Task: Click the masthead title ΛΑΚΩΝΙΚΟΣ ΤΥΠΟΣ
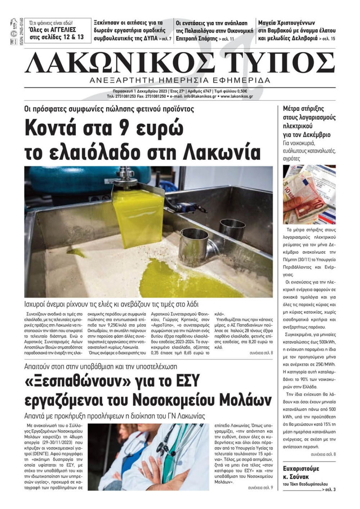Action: (x=180, y=63)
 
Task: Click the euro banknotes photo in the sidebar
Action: (x=309, y=194)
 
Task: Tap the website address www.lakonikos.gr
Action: (x=237, y=96)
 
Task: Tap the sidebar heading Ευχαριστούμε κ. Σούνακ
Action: (x=301, y=472)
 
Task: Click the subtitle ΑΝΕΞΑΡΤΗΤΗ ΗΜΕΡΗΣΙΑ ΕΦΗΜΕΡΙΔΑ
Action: (x=180, y=80)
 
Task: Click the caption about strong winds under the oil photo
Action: (x=112, y=304)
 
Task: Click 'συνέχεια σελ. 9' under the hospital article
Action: (x=260, y=488)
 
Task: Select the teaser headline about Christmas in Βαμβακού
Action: (x=297, y=31)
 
